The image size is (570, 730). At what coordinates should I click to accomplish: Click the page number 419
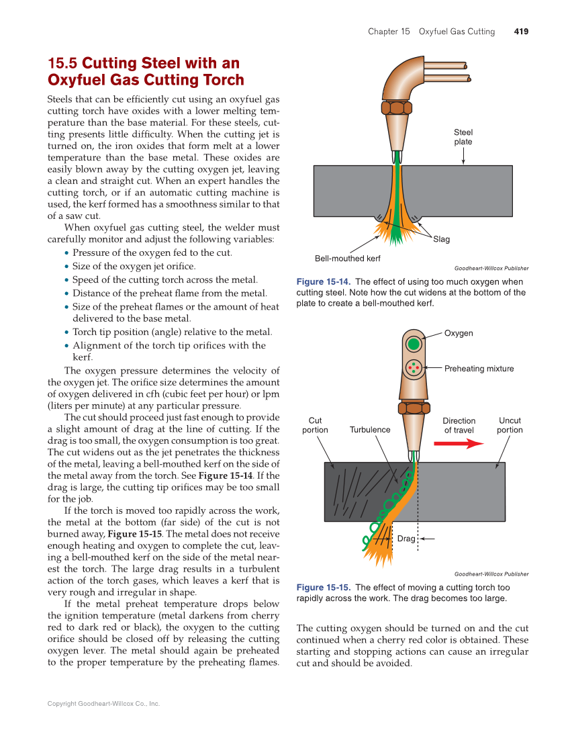521,32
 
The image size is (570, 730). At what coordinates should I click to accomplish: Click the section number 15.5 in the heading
62,64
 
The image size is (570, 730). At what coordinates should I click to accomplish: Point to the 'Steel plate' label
463,137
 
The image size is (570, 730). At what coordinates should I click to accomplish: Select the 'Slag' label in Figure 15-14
441,239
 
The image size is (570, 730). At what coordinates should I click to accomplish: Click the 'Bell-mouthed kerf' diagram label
348,259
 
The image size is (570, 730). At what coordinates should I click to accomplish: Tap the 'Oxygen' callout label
459,333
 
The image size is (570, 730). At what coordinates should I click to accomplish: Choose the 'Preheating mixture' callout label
479,368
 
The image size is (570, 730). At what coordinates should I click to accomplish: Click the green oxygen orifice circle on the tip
414,344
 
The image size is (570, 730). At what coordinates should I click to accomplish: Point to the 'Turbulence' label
369,430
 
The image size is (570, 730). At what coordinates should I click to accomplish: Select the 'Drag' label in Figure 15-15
406,539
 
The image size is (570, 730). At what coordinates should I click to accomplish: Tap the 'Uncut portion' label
510,425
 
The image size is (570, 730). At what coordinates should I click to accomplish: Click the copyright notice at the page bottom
103,704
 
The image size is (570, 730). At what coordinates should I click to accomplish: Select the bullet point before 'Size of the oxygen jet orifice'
66,267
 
